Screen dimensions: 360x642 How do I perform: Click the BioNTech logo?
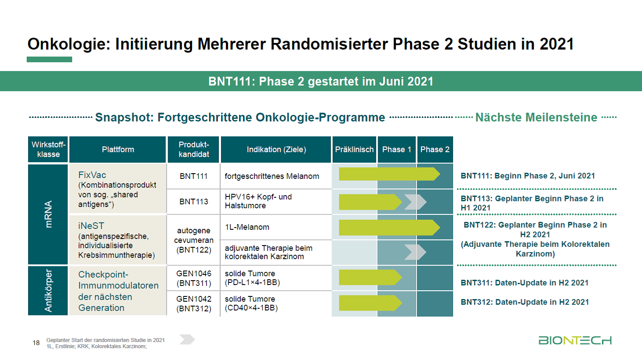coord(574,340)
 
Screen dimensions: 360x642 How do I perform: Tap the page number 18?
coord(36,343)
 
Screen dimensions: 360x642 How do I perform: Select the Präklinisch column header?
coord(354,150)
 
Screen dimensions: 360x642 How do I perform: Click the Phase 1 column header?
coord(396,150)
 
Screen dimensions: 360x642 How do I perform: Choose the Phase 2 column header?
coord(435,150)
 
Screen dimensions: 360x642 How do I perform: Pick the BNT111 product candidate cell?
coord(193,176)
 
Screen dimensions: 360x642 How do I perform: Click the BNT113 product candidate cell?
coord(193,202)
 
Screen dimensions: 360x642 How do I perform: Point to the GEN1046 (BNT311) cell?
coord(193,278)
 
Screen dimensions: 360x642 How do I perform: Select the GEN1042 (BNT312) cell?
coord(193,303)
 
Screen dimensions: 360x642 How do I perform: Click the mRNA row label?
coord(48,214)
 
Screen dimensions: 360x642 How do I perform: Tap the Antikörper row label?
coord(48,290)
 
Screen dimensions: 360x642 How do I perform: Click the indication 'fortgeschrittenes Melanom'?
coord(272,176)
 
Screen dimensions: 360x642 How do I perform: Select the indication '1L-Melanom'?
coord(247,227)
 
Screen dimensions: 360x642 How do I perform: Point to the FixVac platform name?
coord(92,175)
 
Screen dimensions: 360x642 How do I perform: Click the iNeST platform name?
coord(91,226)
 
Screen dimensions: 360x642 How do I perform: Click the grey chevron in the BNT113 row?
coord(415,202)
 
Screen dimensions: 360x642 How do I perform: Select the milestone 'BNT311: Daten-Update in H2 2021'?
coord(524,283)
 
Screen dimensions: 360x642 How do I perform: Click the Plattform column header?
coord(118,150)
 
